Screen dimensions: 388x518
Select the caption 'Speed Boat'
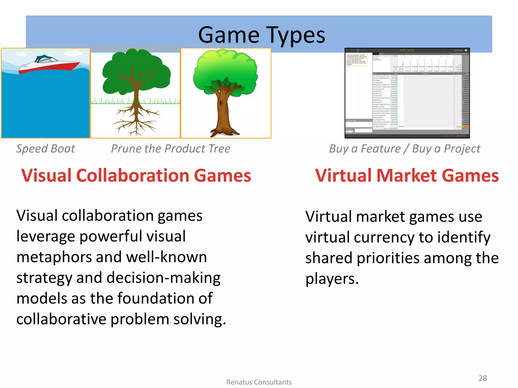pos(46,149)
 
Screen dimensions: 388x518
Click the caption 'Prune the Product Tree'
pos(171,149)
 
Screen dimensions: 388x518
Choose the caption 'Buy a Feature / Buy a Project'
pos(405,149)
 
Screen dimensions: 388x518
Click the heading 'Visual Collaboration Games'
pos(136,176)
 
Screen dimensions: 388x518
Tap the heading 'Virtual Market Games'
pos(407,176)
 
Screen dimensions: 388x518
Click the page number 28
pos(483,378)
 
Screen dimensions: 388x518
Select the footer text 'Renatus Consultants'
pos(259,382)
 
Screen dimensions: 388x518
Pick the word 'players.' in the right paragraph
pos(332,279)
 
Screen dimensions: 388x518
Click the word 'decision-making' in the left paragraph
pos(163,278)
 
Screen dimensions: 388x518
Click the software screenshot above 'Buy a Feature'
pos(407,93)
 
